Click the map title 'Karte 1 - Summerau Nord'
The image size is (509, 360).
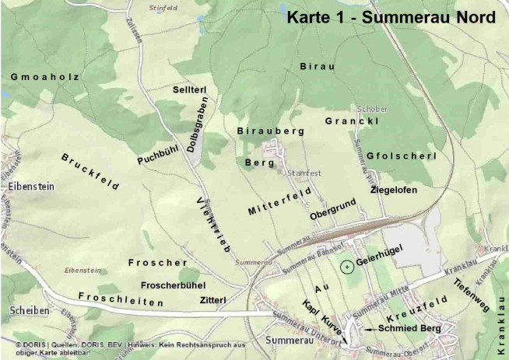[x=390, y=17]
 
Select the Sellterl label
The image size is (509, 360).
[x=189, y=91]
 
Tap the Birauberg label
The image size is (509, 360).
[x=270, y=131]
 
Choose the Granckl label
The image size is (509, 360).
[x=352, y=122]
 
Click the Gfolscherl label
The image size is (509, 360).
[x=401, y=156]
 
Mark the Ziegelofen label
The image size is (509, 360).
[x=394, y=190]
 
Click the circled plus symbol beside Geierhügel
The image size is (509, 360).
[x=346, y=267]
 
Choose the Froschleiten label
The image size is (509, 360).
[x=121, y=299]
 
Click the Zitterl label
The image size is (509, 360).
[x=212, y=299]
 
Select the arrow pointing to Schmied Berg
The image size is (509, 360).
[x=368, y=330]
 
